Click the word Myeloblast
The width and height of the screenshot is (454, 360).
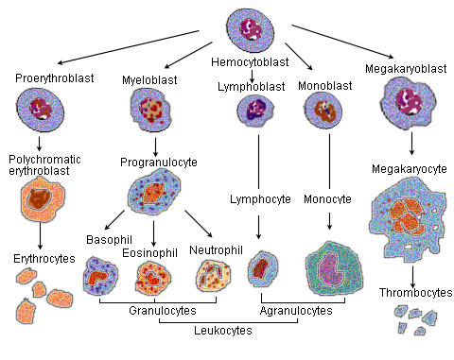(x=144, y=79)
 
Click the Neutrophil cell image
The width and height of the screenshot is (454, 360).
(x=213, y=274)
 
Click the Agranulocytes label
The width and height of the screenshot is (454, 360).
(x=295, y=308)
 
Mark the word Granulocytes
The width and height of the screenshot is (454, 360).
(x=156, y=308)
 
